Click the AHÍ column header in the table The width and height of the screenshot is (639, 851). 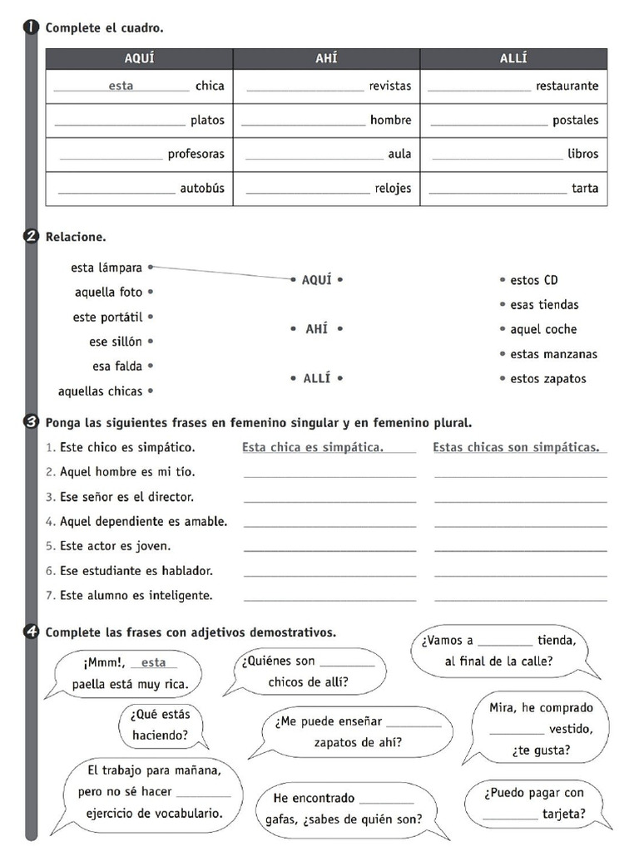[x=326, y=59]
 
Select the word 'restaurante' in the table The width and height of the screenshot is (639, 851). [x=567, y=86]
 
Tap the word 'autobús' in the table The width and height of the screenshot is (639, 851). [x=202, y=189]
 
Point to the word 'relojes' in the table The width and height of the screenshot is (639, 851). [x=393, y=189]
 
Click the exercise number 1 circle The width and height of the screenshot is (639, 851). [x=32, y=28]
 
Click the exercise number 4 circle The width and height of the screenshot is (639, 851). [x=32, y=632]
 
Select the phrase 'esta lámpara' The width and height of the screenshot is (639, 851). [x=107, y=268]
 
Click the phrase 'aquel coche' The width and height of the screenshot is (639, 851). [x=543, y=329]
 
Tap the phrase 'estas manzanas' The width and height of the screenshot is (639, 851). [x=553, y=354]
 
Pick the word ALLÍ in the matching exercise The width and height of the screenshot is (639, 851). [x=316, y=378]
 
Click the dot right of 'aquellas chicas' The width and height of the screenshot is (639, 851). [x=151, y=391]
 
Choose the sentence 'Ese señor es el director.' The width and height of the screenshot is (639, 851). [x=126, y=497]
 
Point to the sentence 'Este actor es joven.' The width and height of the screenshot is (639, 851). [x=115, y=546]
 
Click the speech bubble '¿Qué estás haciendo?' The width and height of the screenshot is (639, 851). [x=160, y=725]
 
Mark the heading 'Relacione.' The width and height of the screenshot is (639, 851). [x=76, y=237]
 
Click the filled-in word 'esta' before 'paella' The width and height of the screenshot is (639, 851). [x=154, y=662]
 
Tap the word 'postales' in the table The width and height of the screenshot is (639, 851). [x=575, y=121]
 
